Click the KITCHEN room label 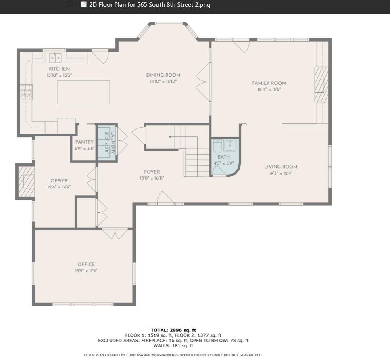click(59, 69)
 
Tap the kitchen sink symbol click(55, 57)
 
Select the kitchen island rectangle click(83, 92)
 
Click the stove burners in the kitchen click(26, 92)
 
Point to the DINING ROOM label click(163, 75)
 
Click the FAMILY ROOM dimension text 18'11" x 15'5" click(269, 89)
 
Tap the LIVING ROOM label click(281, 167)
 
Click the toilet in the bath click(218, 147)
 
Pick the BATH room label click(223, 157)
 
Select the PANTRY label click(84, 142)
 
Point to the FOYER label click(152, 172)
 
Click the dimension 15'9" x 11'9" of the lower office click(86, 271)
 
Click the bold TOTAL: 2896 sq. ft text click(173, 330)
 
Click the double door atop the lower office click(115, 233)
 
